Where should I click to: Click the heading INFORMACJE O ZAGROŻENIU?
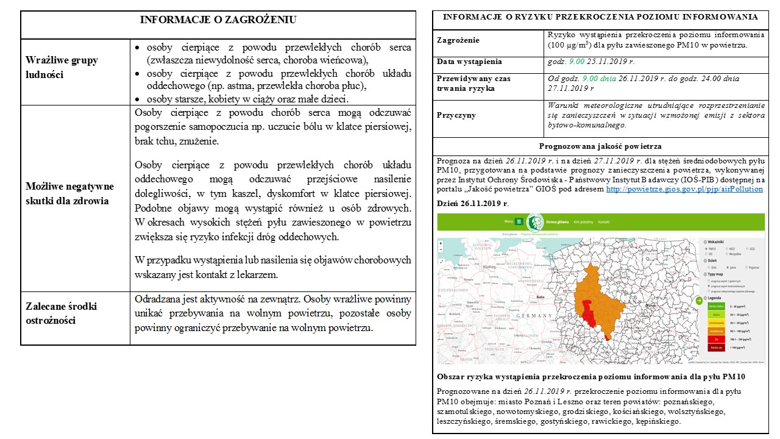[218, 20]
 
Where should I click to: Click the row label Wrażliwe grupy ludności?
[62, 67]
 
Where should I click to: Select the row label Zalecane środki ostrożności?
[62, 313]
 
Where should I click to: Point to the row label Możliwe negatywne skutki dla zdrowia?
[69, 193]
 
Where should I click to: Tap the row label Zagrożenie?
[458, 40]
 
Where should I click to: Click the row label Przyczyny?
[456, 115]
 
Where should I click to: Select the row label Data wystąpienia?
[469, 62]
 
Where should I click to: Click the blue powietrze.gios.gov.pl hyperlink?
[684, 189]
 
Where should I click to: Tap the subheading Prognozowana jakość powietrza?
[600, 146]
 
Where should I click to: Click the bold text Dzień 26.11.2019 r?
[473, 203]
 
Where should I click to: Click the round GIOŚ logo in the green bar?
[535, 222]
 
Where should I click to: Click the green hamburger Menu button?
[519, 222]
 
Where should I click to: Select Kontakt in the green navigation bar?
[603, 222]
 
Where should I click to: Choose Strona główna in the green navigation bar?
[556, 222]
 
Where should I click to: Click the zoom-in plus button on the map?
[441, 243]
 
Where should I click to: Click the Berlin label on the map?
[539, 297]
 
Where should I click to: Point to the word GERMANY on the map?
[533, 316]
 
